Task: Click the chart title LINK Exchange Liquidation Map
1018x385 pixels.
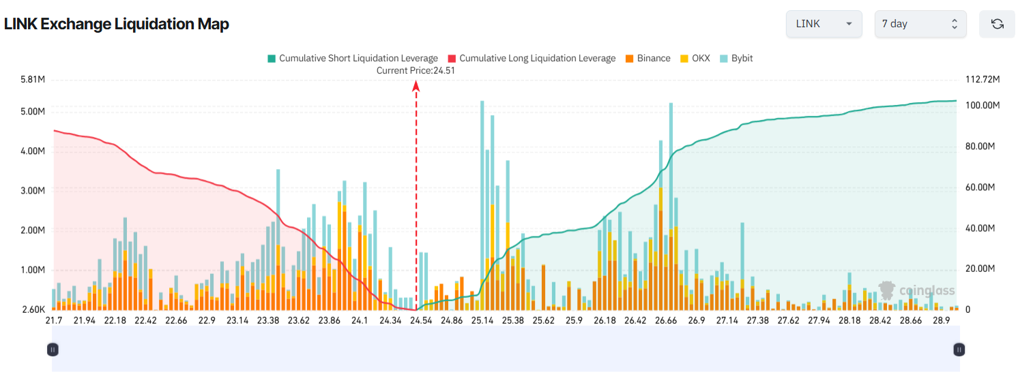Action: (x=117, y=24)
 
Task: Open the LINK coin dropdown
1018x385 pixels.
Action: (x=824, y=24)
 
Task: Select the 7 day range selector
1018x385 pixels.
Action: (x=920, y=24)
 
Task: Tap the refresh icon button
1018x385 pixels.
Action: (x=997, y=24)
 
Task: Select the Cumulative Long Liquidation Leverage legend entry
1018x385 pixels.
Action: (x=532, y=59)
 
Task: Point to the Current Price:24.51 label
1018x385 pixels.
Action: (x=416, y=70)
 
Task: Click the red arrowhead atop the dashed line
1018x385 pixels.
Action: (x=416, y=85)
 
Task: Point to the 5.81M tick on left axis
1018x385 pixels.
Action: (x=33, y=80)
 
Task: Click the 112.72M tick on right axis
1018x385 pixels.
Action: (x=983, y=80)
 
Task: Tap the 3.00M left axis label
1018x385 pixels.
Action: (x=33, y=191)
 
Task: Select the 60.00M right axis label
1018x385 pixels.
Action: (x=980, y=187)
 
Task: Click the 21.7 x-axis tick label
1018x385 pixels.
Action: (x=53, y=320)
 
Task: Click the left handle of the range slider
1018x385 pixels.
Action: (x=53, y=350)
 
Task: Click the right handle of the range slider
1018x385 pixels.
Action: (x=959, y=350)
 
